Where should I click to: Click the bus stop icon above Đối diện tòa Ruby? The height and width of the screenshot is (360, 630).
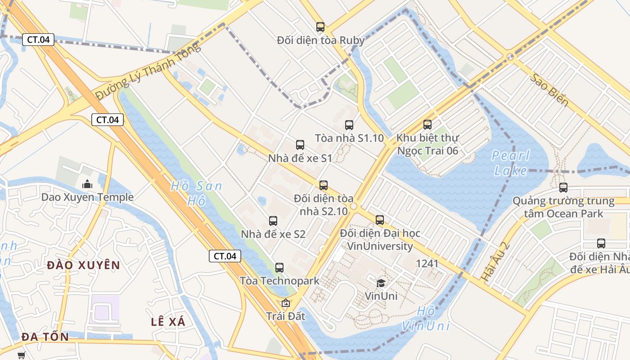pos(320,27)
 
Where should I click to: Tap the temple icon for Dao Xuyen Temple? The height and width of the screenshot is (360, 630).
pos(87,184)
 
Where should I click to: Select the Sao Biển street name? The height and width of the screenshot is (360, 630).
pos(549,90)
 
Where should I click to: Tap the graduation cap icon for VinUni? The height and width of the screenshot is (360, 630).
pos(381,283)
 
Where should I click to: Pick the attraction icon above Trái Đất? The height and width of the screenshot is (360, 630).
pos(285,303)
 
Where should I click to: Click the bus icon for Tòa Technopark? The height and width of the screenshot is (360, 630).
pos(279,268)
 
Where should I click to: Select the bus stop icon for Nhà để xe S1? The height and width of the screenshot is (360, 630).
pos(300,145)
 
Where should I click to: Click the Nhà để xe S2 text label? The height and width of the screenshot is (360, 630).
pos(273,234)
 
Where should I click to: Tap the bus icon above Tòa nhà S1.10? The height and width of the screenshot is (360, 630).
pos(349,125)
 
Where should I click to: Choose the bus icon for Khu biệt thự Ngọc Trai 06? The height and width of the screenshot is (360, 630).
pos(427,125)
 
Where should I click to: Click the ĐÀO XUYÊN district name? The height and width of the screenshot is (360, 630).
pos(84,265)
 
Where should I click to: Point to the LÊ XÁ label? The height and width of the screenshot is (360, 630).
pos(168,322)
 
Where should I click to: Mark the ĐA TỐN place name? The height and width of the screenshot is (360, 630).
pos(45,337)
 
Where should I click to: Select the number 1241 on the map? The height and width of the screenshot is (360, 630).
pos(427,263)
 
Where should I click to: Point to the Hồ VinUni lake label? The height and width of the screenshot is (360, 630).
pos(426,319)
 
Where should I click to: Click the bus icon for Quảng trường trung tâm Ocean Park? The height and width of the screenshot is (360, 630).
pos(563,188)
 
